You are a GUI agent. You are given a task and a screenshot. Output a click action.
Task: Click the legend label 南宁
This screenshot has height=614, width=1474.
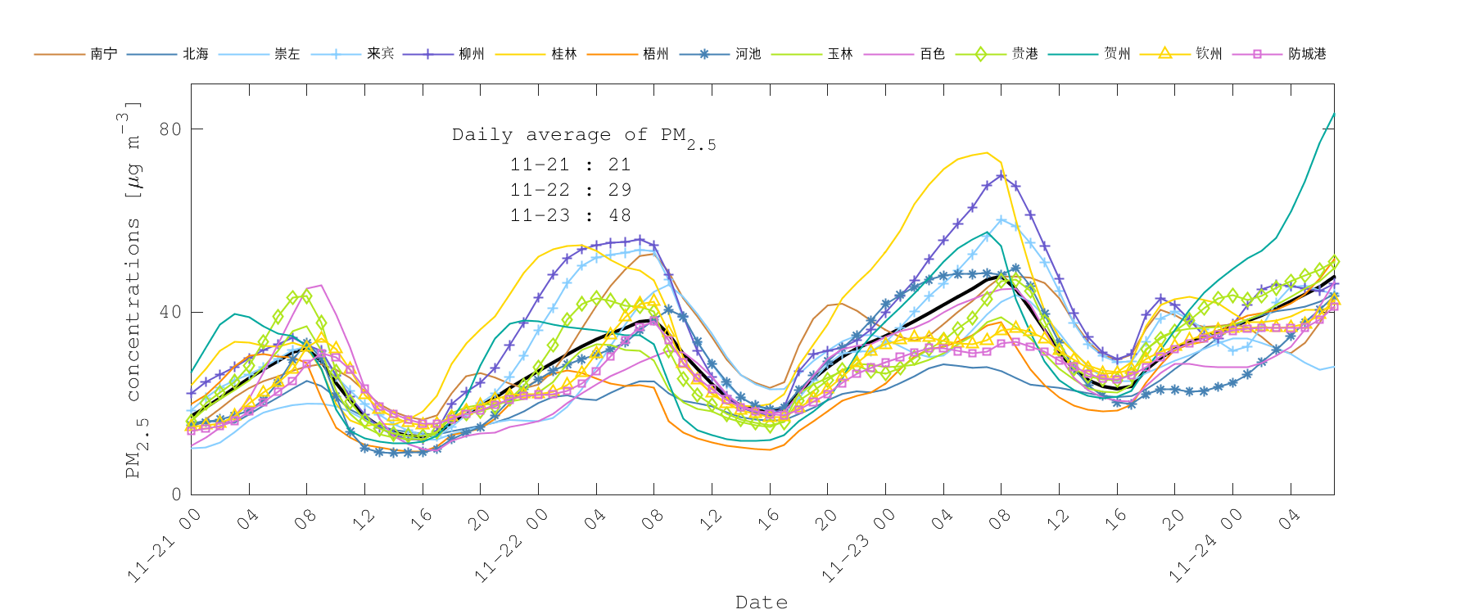(x=104, y=54)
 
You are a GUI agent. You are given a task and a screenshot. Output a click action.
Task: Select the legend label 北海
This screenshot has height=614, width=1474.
(x=196, y=54)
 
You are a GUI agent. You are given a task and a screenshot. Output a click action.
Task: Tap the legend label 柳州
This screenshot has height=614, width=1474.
(x=472, y=54)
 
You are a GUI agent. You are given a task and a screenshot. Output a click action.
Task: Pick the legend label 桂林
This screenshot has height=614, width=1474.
(x=564, y=54)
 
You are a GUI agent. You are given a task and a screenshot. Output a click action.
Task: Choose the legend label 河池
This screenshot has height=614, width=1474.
(x=748, y=54)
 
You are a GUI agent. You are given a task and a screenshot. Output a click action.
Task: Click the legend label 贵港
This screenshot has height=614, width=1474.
(x=1025, y=54)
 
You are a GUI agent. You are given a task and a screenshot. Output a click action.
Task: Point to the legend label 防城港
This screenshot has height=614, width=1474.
(x=1307, y=54)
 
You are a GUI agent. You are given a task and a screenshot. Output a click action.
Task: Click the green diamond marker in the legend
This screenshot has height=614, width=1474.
(x=980, y=54)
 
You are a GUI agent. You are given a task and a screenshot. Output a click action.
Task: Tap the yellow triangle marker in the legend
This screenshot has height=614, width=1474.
(x=1164, y=54)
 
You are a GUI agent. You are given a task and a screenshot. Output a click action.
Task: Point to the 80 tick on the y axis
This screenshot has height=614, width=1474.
(x=170, y=129)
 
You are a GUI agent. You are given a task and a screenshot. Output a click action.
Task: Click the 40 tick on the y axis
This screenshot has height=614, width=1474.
(x=170, y=312)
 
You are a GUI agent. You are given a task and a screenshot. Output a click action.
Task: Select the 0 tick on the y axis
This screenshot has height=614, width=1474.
(x=176, y=494)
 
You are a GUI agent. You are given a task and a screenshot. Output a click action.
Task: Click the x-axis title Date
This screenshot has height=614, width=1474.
(x=762, y=603)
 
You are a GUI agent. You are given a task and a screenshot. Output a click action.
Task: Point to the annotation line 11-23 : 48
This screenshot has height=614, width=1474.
(x=571, y=215)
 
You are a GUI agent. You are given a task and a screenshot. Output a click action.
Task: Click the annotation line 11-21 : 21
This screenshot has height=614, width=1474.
(x=571, y=165)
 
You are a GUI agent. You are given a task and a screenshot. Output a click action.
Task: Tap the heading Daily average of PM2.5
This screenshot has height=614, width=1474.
(x=583, y=137)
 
